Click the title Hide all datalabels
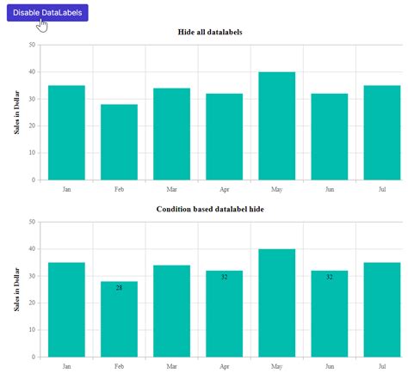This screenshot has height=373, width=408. point(209,32)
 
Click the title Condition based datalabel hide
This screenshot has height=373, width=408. point(209,209)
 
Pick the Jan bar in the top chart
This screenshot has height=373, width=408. point(66,132)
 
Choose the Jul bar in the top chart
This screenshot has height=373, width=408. point(381,132)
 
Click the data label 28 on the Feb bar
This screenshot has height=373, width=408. point(119,288)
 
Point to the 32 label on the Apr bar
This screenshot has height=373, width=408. point(224,277)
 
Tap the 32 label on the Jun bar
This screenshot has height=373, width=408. point(329,277)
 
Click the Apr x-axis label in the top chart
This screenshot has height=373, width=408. point(224,188)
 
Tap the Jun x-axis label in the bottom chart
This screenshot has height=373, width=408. point(329,365)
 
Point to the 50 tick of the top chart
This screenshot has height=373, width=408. point(32,45)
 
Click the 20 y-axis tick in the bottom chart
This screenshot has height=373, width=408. point(32,303)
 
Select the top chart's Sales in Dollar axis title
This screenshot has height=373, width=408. point(16,113)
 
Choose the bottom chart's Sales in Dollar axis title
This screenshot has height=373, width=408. point(16,290)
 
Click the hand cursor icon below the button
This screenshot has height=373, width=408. point(41,27)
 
